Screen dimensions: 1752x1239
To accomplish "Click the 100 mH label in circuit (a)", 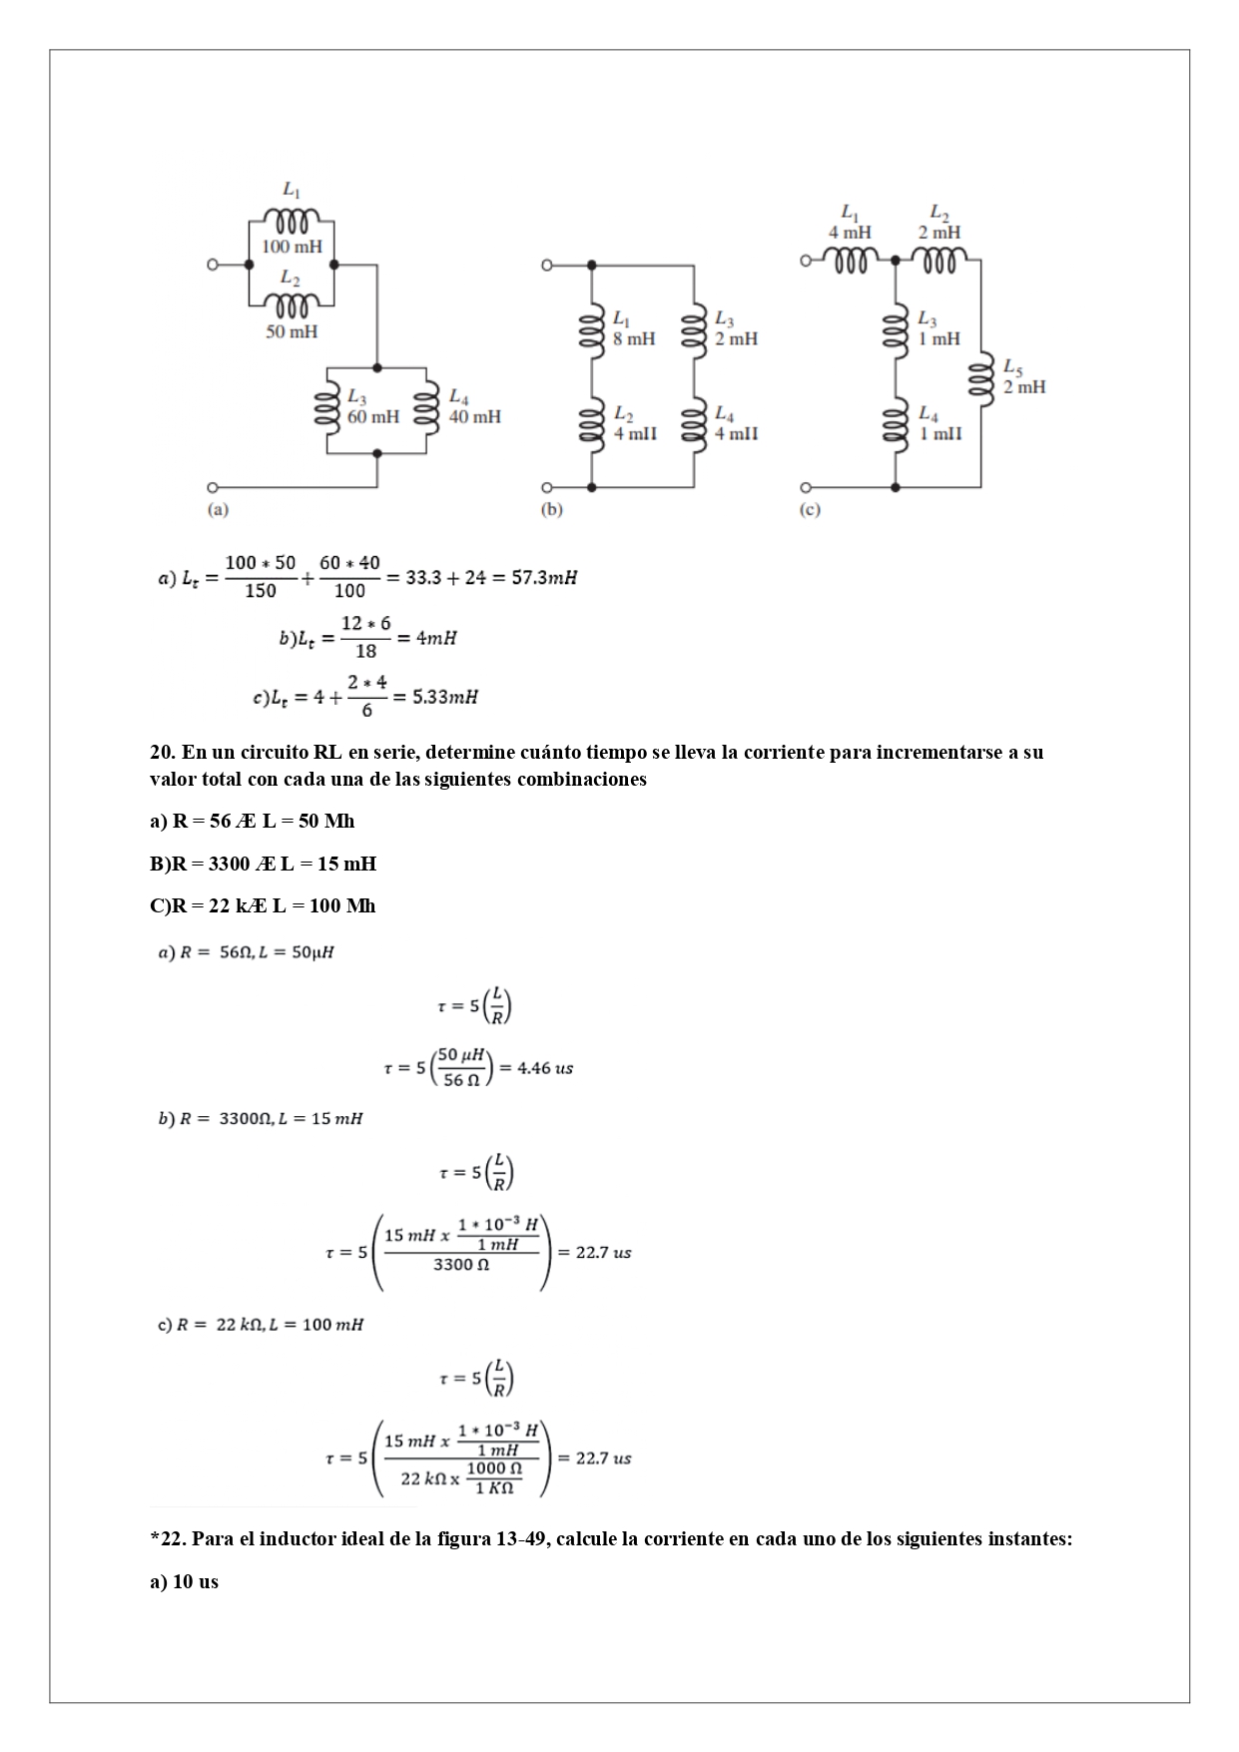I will tap(292, 247).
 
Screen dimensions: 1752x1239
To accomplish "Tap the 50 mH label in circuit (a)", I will tap(292, 331).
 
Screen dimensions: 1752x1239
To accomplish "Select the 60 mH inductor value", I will tap(372, 416).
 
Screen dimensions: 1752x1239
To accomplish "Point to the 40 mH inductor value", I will tap(475, 416).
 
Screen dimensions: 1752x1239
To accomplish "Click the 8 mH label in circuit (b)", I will tap(634, 338).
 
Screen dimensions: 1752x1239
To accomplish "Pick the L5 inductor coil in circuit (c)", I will tap(981, 378).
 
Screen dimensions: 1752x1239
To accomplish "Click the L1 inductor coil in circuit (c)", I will tap(849, 261).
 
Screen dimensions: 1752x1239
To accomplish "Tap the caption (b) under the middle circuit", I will tap(551, 509).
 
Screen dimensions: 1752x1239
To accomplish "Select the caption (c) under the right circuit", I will tap(810, 509).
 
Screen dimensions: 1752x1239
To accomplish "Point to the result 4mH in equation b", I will tap(436, 638).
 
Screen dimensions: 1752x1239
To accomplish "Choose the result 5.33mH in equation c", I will tap(445, 697).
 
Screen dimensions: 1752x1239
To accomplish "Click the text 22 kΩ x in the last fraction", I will tap(430, 1477).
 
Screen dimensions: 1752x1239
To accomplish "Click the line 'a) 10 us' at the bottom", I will tap(184, 1582).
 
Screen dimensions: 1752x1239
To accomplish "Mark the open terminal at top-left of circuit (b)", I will tap(546, 266).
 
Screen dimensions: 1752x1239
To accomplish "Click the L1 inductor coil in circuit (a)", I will tap(292, 218).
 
